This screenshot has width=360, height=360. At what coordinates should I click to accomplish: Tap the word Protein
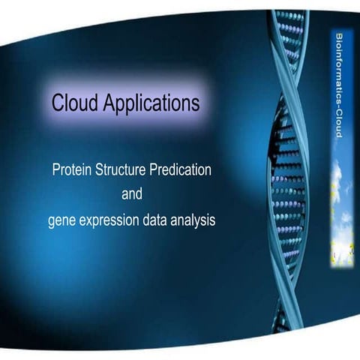pos(72,170)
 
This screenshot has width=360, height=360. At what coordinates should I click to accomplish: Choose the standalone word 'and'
pos(131,195)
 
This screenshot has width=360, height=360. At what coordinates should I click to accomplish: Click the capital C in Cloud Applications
pos(57,103)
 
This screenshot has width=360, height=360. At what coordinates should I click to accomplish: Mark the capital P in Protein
pos(55,170)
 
